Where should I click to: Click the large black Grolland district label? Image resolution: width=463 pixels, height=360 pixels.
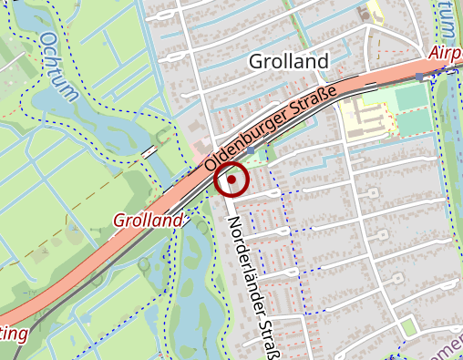[x=288, y=62]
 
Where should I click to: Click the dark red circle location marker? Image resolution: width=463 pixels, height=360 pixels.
[x=232, y=180]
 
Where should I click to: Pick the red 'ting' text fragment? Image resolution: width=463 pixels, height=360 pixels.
[x=13, y=334]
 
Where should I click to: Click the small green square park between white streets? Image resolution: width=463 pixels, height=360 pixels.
[x=407, y=325]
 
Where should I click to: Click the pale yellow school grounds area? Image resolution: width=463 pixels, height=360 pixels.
[x=365, y=114]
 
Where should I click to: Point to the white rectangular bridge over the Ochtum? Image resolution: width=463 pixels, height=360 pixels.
[x=148, y=152]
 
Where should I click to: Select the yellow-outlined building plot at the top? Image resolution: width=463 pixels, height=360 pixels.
[x=375, y=13]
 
